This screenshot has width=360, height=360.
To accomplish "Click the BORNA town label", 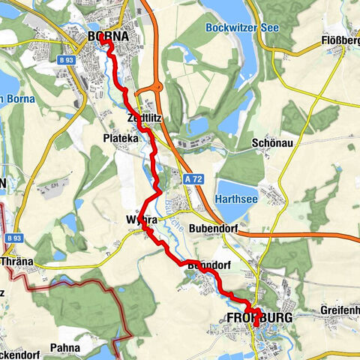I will tap(108, 36).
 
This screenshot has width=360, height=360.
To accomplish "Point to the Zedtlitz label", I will tap(145, 118).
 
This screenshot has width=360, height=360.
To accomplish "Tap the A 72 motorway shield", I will tap(193, 181).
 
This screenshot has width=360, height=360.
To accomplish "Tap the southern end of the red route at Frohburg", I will tap(256, 324).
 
